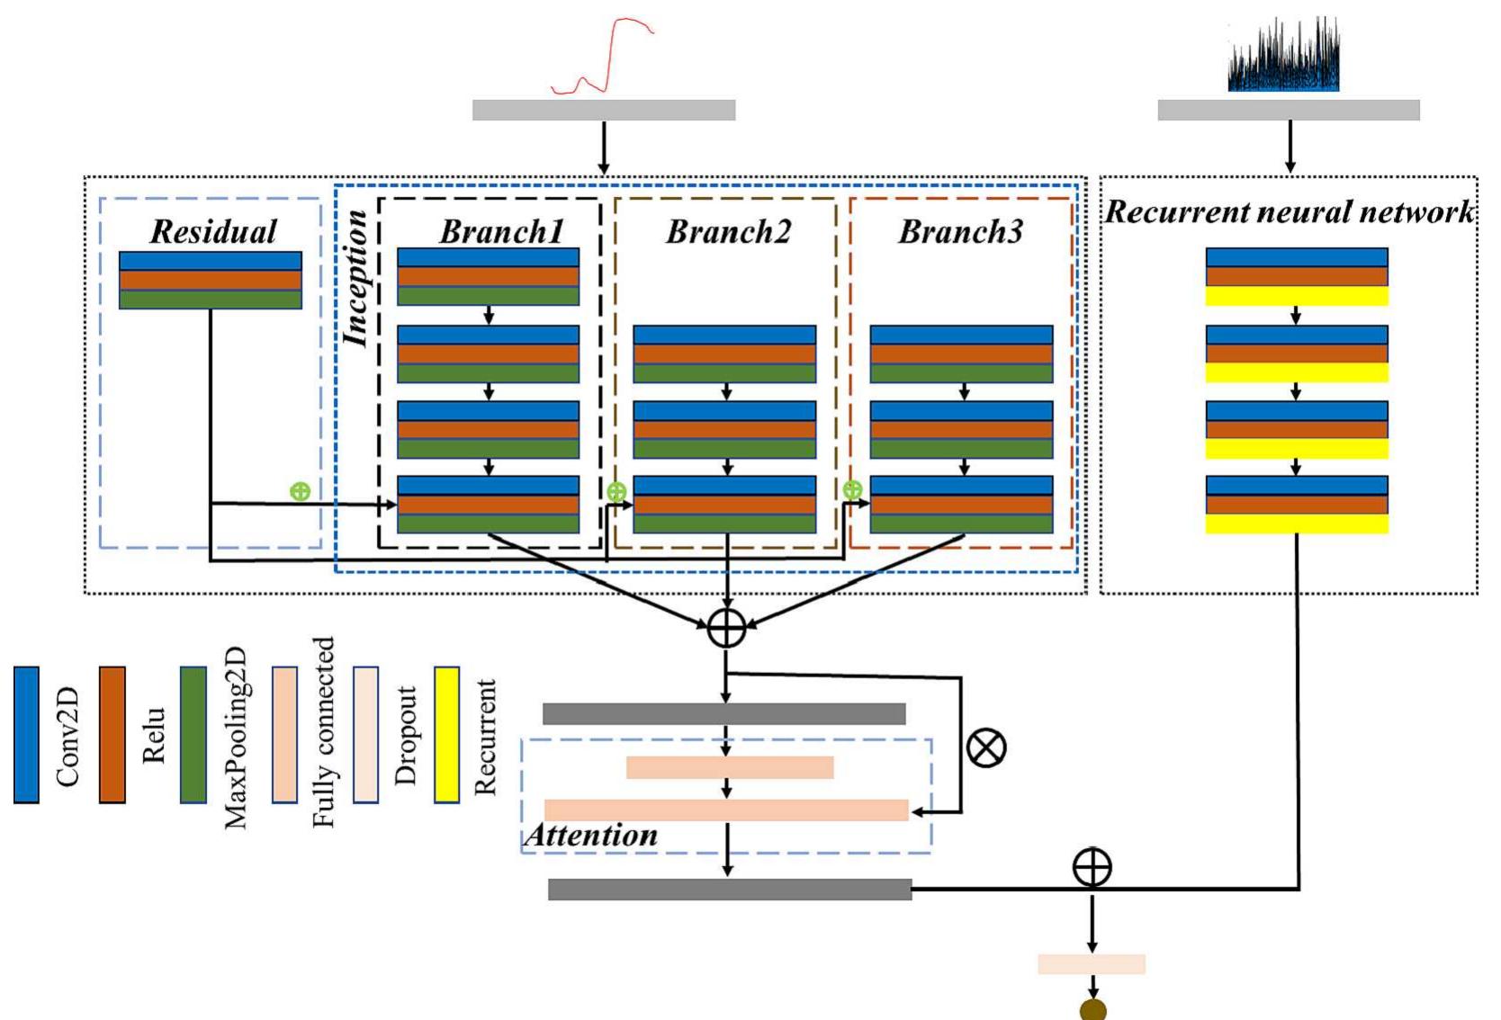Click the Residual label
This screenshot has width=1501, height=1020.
pos(213,232)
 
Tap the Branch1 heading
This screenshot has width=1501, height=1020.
pos(501,232)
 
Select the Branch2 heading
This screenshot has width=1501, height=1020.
pos(728,232)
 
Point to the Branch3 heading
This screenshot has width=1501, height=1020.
pos(960,232)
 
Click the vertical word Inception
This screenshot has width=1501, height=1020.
pos(357,279)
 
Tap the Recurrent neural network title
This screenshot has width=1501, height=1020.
pos(1289,212)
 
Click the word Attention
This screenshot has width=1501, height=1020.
pos(591,836)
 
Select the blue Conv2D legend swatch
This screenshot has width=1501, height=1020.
pos(26,734)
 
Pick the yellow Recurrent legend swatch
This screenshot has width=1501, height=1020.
pos(446,734)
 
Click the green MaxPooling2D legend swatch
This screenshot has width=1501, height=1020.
pos(193,734)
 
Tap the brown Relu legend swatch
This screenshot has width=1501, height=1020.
pos(112,734)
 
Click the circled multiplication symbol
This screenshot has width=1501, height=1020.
pos(986,747)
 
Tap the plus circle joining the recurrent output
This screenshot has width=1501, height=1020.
pos(1092,868)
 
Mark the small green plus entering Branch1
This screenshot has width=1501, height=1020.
pos(300,491)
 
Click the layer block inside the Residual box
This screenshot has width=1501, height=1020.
pos(211,280)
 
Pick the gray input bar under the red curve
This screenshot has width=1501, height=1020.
pos(604,110)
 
